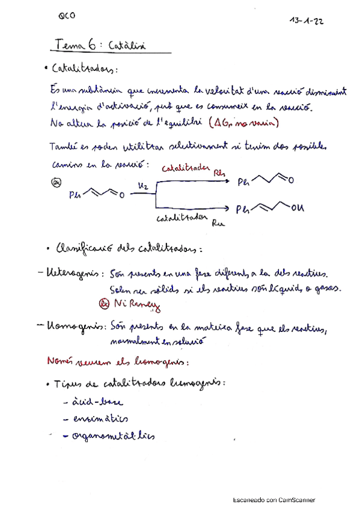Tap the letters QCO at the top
tap(67, 18)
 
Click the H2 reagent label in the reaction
tap(142, 186)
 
